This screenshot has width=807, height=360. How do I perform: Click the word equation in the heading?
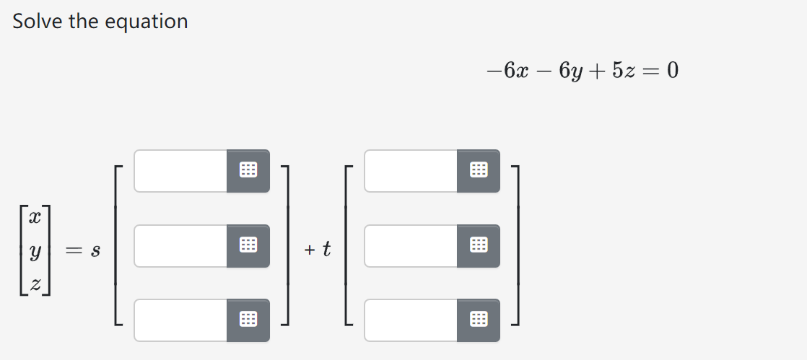(147, 22)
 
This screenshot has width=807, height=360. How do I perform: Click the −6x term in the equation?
(507, 71)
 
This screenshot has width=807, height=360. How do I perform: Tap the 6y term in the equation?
(568, 71)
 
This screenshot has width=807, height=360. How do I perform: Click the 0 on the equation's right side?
(673, 71)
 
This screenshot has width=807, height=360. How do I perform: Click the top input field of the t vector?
(411, 171)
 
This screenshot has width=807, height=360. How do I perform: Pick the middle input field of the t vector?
(411, 246)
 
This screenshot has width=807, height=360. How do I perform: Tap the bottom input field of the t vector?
(411, 320)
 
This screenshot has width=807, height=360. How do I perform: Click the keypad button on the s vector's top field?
(248, 171)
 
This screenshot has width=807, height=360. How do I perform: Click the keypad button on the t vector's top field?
(478, 171)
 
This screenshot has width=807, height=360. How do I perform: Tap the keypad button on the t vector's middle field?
(478, 246)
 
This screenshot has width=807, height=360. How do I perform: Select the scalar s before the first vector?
(95, 252)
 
